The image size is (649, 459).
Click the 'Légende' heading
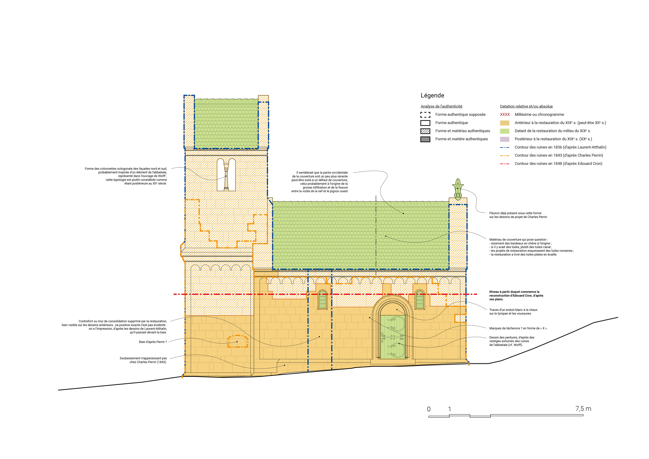(432, 95)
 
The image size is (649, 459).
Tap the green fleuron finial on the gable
(458, 189)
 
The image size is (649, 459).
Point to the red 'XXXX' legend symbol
(505, 114)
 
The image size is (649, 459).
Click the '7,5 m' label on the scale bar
(583, 409)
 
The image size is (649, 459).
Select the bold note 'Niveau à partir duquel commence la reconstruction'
(516, 296)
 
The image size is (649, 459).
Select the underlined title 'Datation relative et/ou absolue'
(526, 106)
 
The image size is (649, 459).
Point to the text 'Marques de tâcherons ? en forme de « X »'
(518, 328)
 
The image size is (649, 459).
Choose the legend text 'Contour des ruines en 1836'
(560, 147)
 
